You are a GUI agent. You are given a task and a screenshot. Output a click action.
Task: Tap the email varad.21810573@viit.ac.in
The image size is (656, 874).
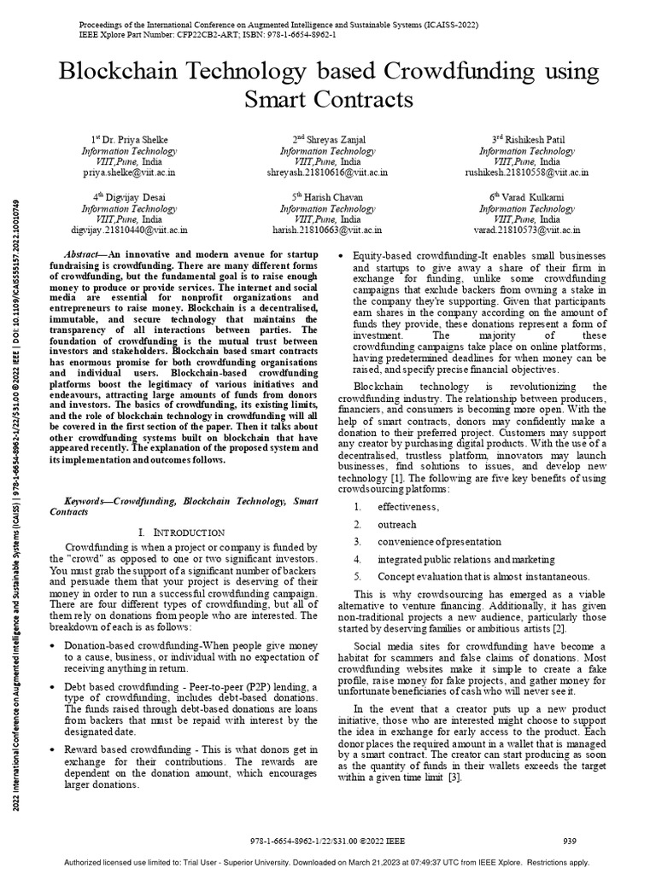[x=526, y=230]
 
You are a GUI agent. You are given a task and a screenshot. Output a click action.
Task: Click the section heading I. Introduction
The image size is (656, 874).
[x=181, y=533]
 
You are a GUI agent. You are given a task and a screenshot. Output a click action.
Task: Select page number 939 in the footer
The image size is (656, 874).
[x=571, y=841]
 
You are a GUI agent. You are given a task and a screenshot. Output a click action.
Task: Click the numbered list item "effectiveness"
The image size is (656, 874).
[x=408, y=507]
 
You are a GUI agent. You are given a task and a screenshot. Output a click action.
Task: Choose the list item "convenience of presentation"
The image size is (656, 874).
[x=440, y=542]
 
